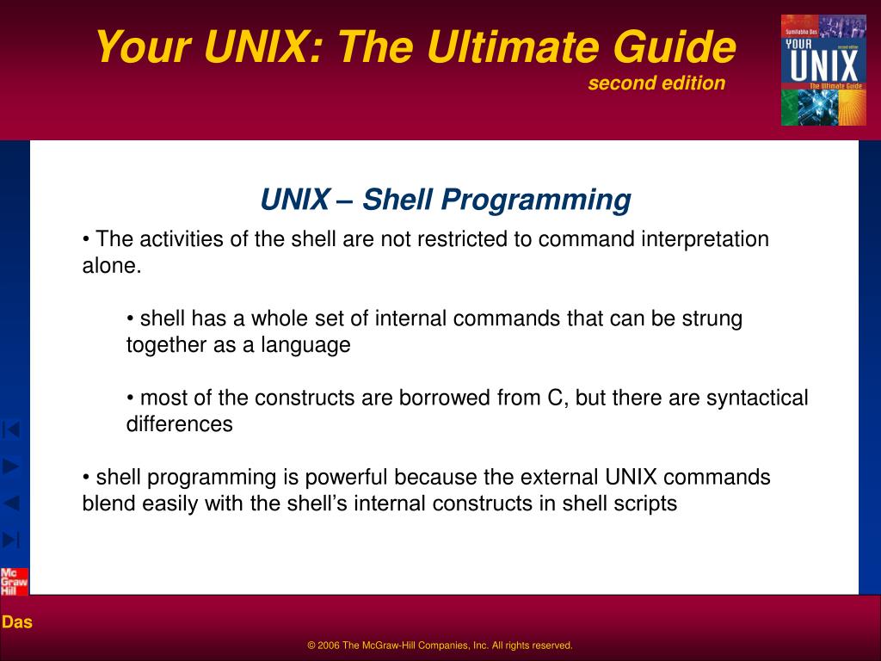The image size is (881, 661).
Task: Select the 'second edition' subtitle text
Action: point(656,83)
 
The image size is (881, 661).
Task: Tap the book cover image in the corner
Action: point(823,70)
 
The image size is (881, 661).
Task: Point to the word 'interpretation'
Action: point(705,239)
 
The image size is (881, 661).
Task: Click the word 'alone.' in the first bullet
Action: point(111,266)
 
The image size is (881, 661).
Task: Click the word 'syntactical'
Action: point(757,398)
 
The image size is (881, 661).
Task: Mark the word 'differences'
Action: point(179,424)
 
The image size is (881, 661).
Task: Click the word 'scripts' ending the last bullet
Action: point(646,503)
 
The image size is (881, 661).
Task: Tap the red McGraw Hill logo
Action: point(14,582)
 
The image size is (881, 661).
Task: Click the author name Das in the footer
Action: point(17,622)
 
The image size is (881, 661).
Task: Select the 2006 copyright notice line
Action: point(440,646)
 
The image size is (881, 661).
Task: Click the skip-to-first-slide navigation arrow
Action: point(11,429)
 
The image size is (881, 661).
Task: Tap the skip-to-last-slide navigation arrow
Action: point(11,540)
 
